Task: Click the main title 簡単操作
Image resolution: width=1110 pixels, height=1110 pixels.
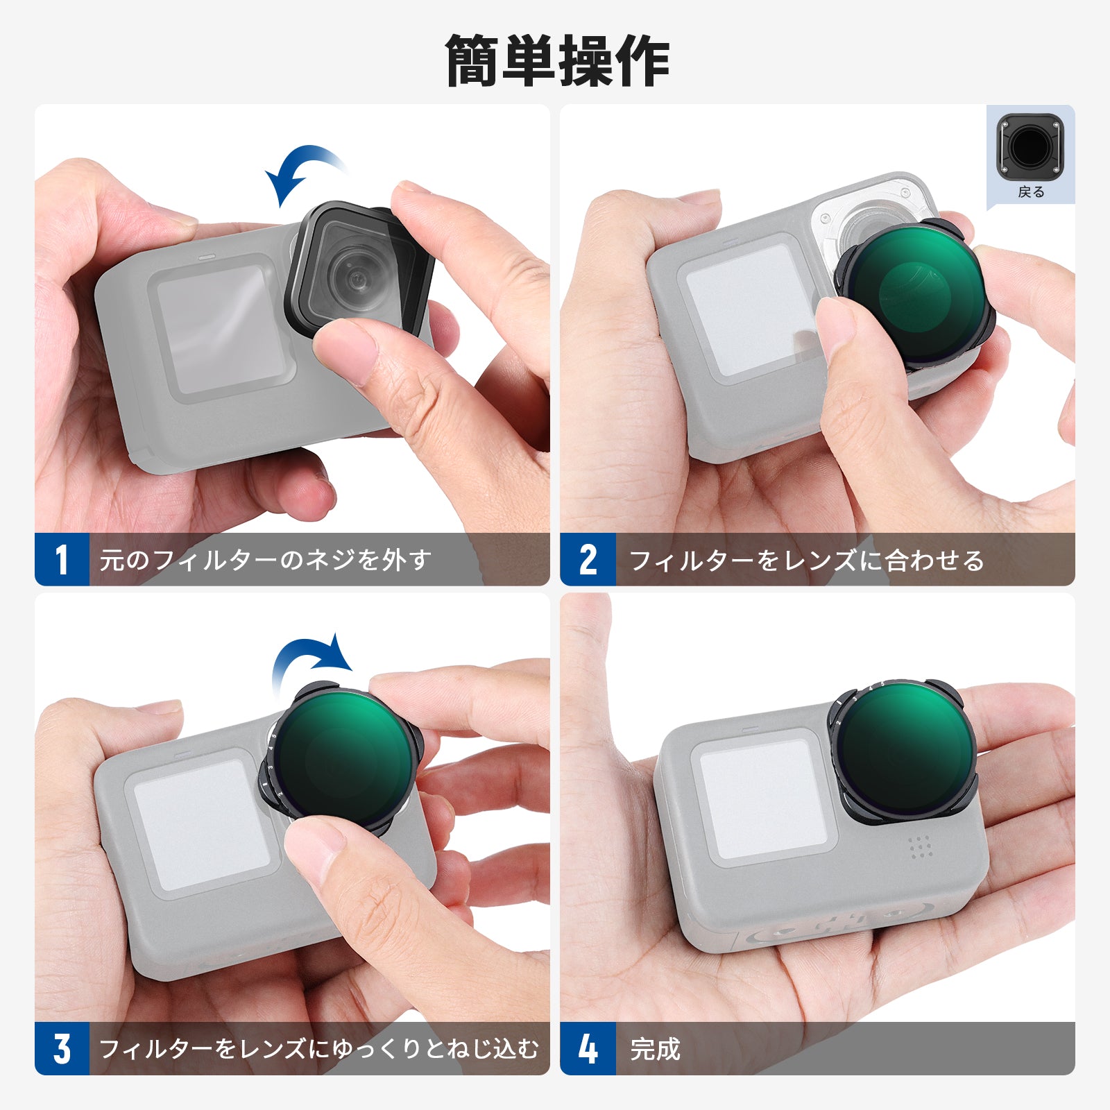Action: click(557, 61)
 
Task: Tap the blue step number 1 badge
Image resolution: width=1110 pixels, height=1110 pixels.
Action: click(62, 559)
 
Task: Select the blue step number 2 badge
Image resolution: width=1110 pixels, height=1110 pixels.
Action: click(588, 559)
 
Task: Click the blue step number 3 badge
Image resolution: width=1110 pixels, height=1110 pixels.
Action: click(62, 1048)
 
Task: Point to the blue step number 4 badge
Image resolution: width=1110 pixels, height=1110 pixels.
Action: click(588, 1048)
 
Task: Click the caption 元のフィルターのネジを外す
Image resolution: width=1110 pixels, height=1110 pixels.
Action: click(266, 560)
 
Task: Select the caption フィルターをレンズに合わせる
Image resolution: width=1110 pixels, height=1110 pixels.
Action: click(807, 560)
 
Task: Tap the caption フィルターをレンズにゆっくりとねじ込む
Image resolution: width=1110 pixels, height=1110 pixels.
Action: click(319, 1048)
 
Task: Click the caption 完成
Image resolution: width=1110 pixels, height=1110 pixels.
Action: click(655, 1048)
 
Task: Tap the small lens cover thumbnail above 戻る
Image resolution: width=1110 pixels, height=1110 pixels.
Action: click(1030, 147)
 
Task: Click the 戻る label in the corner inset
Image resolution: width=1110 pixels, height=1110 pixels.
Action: click(1031, 192)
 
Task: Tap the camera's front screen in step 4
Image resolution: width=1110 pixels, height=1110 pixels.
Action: click(763, 798)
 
